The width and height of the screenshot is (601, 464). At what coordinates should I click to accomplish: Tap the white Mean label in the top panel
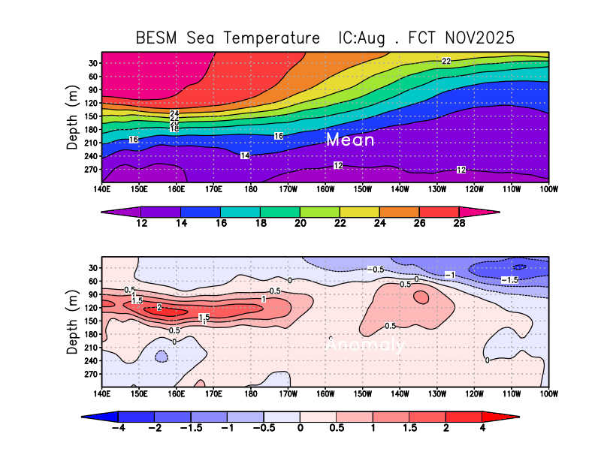pyautogui.click(x=350, y=140)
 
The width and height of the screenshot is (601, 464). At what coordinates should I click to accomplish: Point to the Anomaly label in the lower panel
pyautogui.click(x=365, y=345)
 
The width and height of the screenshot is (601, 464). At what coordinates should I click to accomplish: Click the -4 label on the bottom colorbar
pyautogui.click(x=117, y=428)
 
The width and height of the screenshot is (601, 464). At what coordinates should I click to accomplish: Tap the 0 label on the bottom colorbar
pyautogui.click(x=300, y=428)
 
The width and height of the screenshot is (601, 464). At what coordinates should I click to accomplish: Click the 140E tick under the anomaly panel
pyautogui.click(x=102, y=393)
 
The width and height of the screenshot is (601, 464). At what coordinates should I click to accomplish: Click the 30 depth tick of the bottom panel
pyautogui.click(x=92, y=268)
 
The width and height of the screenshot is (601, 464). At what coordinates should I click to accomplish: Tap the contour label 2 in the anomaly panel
pyautogui.click(x=159, y=307)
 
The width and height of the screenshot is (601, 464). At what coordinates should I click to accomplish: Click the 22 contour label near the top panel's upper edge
pyautogui.click(x=446, y=61)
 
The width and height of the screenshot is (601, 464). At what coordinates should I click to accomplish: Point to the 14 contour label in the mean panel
pyautogui.click(x=245, y=155)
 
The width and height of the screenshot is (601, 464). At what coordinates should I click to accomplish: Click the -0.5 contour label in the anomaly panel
pyautogui.click(x=376, y=270)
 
